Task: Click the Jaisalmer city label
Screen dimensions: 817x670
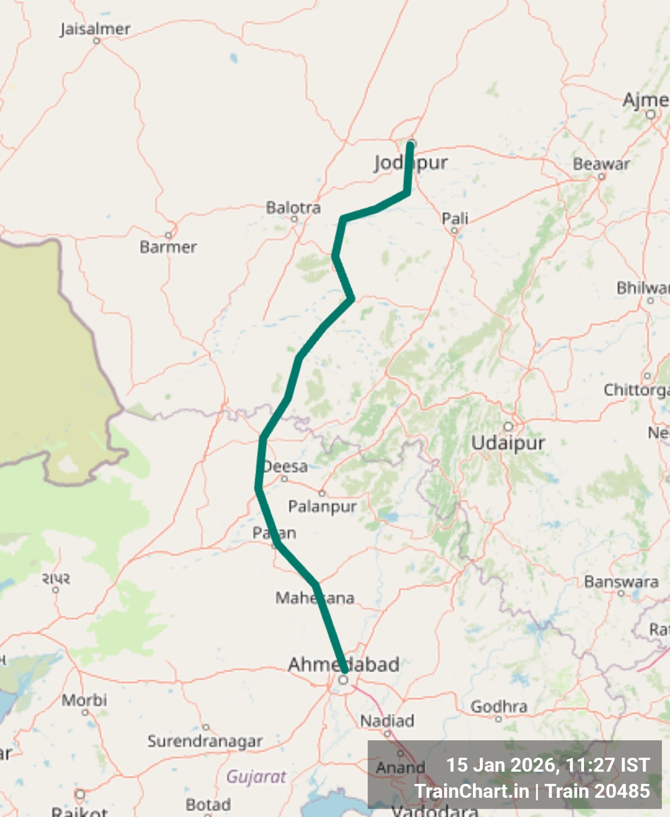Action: [x=95, y=29]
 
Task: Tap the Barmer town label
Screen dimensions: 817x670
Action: [x=168, y=247]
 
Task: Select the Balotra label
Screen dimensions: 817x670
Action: [x=293, y=207]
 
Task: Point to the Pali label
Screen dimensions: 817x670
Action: [x=455, y=218]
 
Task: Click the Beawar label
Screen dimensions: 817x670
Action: [x=601, y=164]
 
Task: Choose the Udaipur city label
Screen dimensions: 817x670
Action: [x=508, y=443]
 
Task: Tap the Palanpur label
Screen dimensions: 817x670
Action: [x=323, y=506]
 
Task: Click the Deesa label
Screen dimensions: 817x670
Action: [x=285, y=467]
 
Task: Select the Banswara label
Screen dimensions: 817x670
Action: [x=621, y=582]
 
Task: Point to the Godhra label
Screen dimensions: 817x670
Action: [x=499, y=706]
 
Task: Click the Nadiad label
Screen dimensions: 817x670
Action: [x=387, y=721]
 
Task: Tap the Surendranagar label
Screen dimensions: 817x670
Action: [x=205, y=741]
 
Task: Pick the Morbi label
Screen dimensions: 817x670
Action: [x=84, y=700]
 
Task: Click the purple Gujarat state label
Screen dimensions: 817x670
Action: [x=256, y=776]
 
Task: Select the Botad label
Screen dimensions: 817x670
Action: [x=208, y=805]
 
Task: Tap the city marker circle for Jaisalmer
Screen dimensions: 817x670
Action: [x=96, y=41]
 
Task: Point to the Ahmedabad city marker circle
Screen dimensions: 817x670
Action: [x=344, y=679]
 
